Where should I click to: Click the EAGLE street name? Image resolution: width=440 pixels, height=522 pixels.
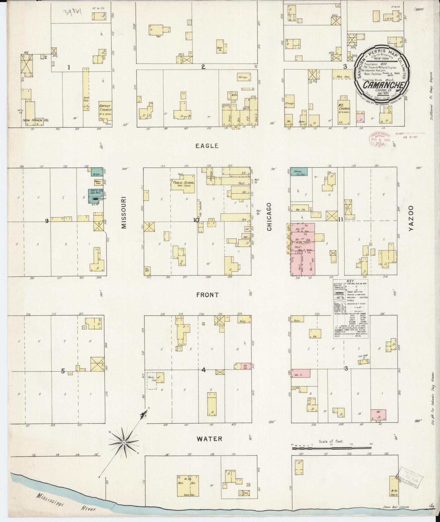click(x=207, y=146)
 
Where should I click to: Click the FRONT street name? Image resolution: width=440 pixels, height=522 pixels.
click(x=207, y=295)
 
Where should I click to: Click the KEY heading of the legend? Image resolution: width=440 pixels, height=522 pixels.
click(x=350, y=282)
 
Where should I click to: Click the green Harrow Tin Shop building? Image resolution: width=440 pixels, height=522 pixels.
click(x=299, y=172)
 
